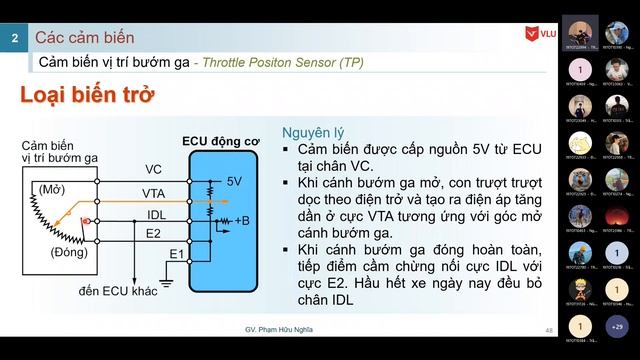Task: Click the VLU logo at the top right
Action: [540, 36]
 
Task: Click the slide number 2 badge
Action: [14, 38]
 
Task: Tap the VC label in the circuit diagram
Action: [153, 169]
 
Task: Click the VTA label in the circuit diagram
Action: [153, 193]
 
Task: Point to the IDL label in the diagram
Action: [155, 214]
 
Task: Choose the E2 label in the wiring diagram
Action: [152, 234]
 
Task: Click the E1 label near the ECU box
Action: [175, 254]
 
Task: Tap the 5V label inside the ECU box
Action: [234, 181]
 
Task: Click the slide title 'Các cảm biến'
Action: [84, 38]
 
